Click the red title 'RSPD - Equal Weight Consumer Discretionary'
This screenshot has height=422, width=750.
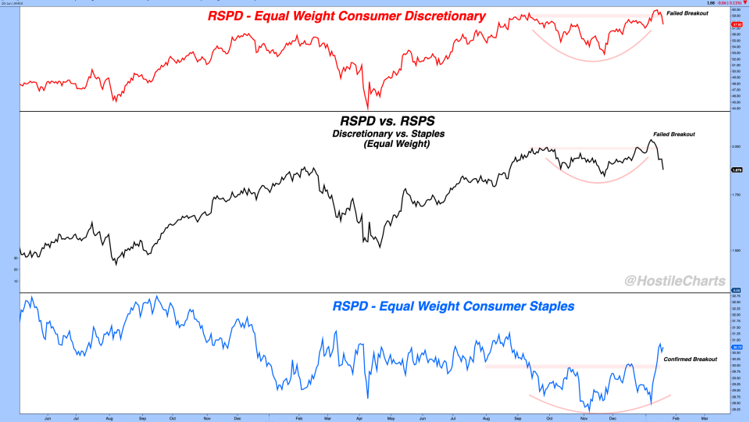tap(346, 16)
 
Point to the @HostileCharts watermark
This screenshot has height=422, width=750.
tap(674, 281)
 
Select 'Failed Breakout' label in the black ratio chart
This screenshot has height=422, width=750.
tap(673, 134)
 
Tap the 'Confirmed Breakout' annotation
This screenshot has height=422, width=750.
tap(690, 359)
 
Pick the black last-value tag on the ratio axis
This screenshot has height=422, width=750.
tap(736, 170)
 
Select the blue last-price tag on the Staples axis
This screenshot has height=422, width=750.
tap(736, 347)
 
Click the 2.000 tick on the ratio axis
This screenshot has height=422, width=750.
tap(736, 147)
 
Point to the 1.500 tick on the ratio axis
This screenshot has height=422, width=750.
tap(736, 251)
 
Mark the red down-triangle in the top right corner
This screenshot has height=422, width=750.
tap(744, 3)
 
